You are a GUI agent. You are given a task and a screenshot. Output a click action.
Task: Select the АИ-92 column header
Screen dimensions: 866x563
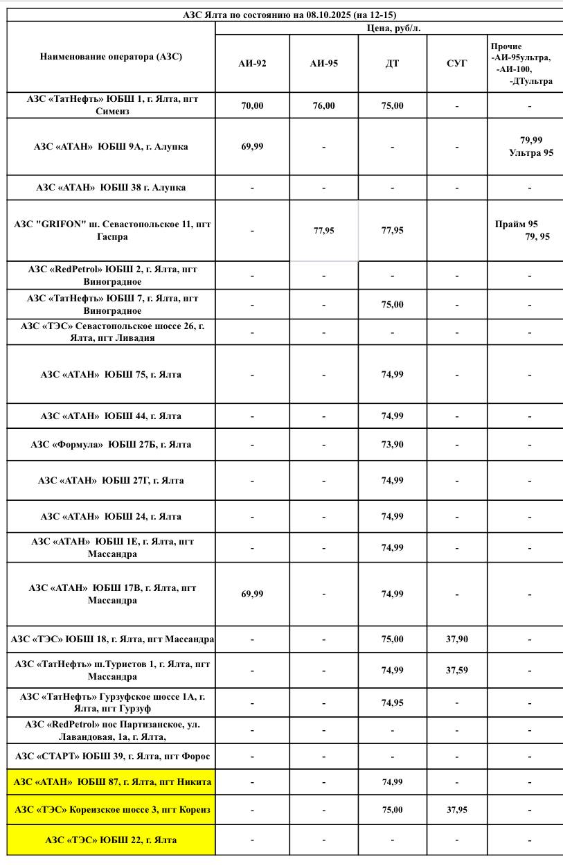pyautogui.click(x=252, y=64)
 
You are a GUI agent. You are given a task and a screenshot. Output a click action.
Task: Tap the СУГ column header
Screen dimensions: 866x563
pyautogui.click(x=457, y=64)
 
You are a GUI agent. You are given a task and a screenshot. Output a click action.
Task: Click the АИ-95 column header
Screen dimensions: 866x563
pyautogui.click(x=323, y=64)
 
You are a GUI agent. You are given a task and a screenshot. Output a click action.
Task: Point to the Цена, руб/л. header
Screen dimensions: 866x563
pyautogui.click(x=388, y=28)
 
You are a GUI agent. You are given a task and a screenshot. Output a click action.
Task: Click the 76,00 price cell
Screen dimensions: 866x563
pyautogui.click(x=323, y=106)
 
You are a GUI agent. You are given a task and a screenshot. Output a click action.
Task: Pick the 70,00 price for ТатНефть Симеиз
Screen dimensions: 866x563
pyautogui.click(x=252, y=106)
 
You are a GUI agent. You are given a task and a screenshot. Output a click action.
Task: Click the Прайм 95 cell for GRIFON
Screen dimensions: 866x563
pyautogui.click(x=524, y=230)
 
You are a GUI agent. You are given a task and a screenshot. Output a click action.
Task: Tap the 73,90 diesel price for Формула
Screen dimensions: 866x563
pyautogui.click(x=392, y=444)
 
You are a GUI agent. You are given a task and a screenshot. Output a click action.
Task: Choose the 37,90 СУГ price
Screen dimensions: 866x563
pyautogui.click(x=457, y=639)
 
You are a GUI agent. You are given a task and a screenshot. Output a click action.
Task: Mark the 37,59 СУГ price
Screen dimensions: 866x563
pyautogui.click(x=457, y=670)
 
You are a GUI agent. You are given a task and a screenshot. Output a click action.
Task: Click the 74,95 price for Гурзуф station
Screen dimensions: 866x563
pyautogui.click(x=392, y=702)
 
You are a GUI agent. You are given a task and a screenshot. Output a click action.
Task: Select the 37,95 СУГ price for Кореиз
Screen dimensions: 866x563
pyautogui.click(x=457, y=809)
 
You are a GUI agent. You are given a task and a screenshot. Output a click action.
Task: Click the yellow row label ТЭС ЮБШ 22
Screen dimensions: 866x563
pyautogui.click(x=111, y=840)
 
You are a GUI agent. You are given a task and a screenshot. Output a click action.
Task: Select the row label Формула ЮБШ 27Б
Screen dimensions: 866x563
pyautogui.click(x=111, y=444)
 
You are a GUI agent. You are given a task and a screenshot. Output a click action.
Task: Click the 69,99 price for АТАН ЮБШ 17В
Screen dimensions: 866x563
pyautogui.click(x=252, y=594)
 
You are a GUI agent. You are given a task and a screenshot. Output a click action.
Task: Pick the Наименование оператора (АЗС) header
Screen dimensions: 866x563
pyautogui.click(x=111, y=57)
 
